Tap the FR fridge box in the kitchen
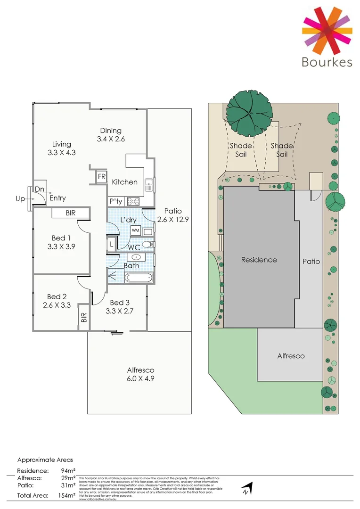(101, 177)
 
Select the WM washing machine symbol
(135, 230)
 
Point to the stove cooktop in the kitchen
(133, 202)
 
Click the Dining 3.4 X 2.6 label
(111, 135)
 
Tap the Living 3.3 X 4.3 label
(62, 148)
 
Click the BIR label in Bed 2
(84, 318)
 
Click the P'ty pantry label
(116, 202)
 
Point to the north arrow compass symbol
(246, 488)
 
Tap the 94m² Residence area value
(68, 470)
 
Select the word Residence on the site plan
(259, 260)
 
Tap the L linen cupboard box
(111, 245)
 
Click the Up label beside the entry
(20, 199)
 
